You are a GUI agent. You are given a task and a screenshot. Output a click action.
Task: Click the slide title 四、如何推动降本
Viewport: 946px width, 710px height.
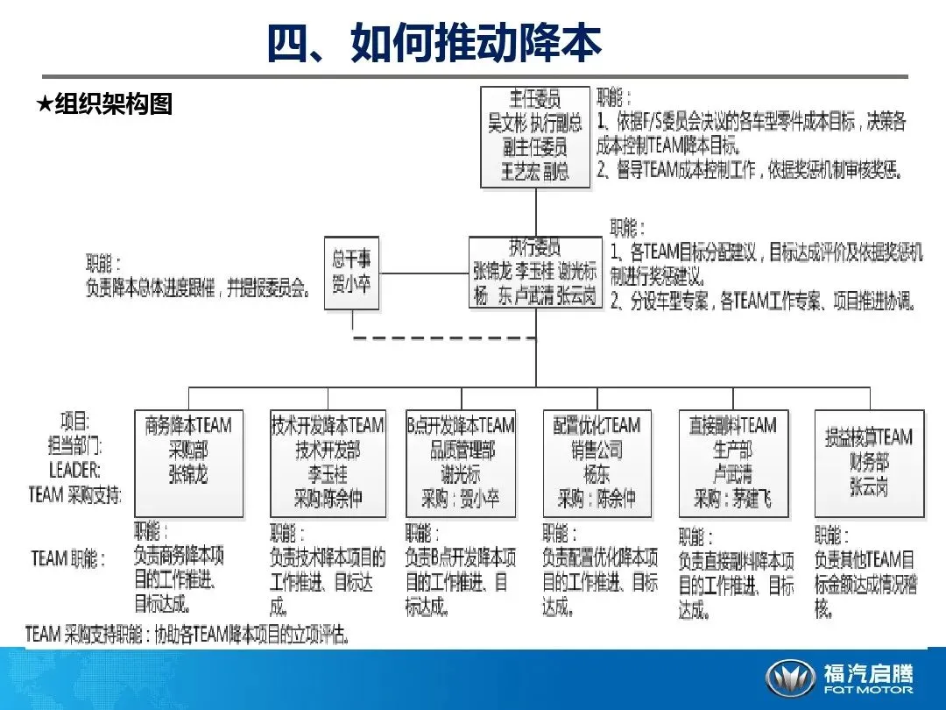(x=434, y=43)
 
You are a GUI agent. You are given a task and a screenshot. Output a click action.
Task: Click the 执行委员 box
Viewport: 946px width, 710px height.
(x=535, y=272)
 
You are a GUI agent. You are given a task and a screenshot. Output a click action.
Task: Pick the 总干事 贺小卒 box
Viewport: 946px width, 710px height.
(x=352, y=272)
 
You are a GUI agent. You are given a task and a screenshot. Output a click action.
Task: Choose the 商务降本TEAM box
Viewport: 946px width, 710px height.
(x=188, y=463)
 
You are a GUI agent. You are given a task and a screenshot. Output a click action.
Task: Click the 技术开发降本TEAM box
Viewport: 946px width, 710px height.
(x=327, y=463)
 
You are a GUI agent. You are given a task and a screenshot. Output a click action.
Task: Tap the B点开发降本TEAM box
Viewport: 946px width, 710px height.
(x=461, y=463)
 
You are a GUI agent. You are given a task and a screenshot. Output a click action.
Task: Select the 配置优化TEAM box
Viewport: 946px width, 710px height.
(x=597, y=463)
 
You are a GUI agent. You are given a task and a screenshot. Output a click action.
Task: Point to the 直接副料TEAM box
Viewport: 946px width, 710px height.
(x=732, y=463)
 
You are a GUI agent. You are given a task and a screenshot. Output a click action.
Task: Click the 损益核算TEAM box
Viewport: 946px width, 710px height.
(x=869, y=463)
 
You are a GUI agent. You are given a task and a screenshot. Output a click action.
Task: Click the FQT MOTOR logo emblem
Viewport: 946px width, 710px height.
(x=791, y=678)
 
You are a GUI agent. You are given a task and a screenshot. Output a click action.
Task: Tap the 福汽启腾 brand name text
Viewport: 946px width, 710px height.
(x=867, y=672)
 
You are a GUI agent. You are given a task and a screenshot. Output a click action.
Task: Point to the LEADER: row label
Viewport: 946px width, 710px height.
(x=74, y=469)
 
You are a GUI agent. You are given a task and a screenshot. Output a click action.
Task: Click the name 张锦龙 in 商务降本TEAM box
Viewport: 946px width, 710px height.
(x=188, y=475)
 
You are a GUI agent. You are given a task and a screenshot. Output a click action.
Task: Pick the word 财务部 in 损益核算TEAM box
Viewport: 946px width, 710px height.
(x=869, y=462)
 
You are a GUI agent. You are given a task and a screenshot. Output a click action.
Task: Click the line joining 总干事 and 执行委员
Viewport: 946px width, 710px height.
(x=425, y=273)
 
